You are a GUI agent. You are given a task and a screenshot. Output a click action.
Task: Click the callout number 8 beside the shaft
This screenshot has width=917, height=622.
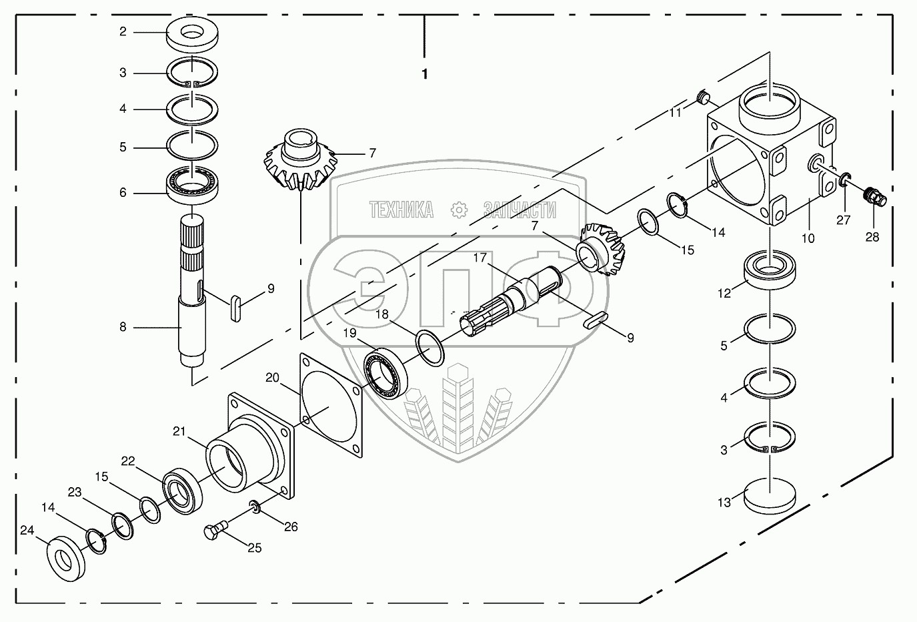point(123,328)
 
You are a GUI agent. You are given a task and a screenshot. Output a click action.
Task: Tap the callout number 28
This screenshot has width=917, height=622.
point(872,236)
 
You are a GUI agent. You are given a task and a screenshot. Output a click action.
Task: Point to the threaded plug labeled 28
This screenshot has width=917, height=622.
point(873,195)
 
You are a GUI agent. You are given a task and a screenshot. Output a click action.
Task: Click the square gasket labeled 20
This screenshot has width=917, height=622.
point(330,405)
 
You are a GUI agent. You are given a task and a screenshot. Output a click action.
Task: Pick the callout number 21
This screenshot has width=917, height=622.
point(179,431)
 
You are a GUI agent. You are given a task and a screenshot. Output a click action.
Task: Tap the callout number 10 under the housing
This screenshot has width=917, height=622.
point(808,238)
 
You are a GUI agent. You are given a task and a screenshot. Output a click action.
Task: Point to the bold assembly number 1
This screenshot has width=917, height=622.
point(424,74)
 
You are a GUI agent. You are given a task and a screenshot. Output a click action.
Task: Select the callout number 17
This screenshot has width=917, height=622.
point(481,258)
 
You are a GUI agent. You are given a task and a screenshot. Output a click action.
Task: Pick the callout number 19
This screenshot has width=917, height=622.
point(350,332)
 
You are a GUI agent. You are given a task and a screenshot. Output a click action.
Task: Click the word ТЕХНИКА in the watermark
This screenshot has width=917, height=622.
point(401,210)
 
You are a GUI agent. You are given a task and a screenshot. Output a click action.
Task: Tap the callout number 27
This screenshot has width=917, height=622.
point(844,219)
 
